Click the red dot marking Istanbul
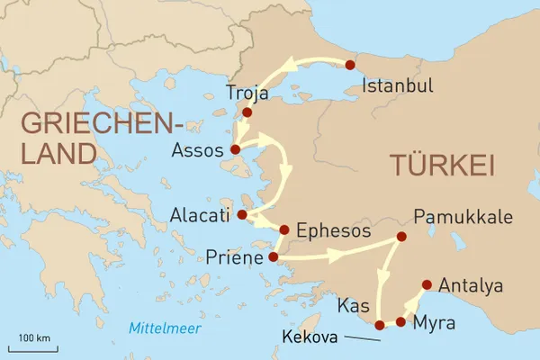click(350, 65)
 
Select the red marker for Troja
click(247, 112)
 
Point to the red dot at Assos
click(235, 149)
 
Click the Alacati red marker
click(241, 214)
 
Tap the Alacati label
click(200, 214)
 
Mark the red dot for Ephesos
click(284, 230)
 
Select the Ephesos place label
click(333, 231)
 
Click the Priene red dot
click(274, 258)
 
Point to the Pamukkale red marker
click(401, 237)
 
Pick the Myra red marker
click(400, 321)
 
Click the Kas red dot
click(380, 324)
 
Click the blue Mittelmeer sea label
click(165, 326)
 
